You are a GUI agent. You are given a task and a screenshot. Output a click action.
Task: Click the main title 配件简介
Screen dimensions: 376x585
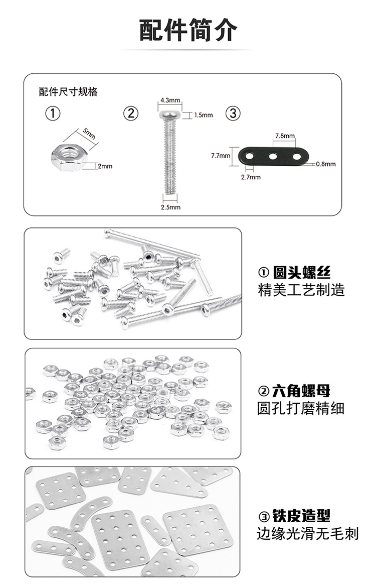tap(188, 31)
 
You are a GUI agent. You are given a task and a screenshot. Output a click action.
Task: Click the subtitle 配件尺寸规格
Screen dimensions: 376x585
tap(68, 92)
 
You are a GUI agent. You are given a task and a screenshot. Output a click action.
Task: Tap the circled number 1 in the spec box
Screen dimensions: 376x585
tap(53, 113)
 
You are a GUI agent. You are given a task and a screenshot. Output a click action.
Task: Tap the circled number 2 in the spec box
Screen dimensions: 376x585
tap(131, 113)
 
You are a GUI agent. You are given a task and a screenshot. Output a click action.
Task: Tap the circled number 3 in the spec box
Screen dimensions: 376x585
tap(233, 113)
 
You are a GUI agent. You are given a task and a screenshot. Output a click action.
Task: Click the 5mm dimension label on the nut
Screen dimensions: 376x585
tap(89, 134)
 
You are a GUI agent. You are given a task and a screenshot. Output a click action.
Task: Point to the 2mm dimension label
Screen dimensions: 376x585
tap(105, 166)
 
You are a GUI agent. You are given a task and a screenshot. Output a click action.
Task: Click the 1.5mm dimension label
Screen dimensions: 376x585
tap(204, 115)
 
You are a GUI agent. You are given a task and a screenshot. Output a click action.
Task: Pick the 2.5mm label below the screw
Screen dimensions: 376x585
tap(170, 207)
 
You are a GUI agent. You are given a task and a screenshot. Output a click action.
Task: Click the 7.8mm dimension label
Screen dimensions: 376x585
tap(285, 136)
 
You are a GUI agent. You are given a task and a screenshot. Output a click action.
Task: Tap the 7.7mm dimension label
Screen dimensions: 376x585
tap(221, 156)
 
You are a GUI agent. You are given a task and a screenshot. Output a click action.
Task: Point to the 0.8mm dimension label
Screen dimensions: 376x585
tap(326, 164)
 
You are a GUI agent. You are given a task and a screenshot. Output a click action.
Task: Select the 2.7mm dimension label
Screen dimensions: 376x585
tap(251, 177)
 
